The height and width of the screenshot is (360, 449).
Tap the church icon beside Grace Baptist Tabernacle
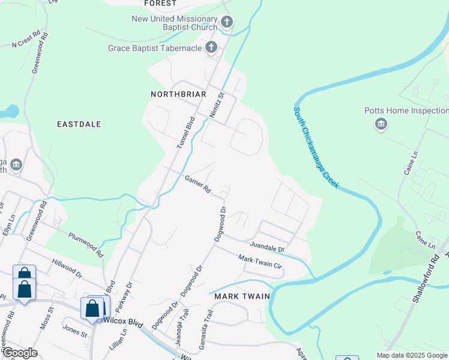point(211,47)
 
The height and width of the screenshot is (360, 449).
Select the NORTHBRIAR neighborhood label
point(178,94)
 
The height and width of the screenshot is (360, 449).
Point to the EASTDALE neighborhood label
point(79,124)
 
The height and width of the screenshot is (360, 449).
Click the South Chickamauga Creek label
point(316,148)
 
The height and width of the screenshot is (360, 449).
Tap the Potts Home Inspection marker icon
point(381,124)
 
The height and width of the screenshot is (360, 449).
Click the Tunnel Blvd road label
point(187,132)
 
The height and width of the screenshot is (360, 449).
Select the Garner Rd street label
point(197,185)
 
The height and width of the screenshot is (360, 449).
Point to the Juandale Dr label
point(267,246)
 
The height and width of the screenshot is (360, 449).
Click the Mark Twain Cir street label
point(260,261)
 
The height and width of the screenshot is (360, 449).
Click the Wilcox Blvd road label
point(123,322)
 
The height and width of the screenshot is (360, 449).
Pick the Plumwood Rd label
point(86,245)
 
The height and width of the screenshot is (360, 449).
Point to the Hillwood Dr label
point(66,267)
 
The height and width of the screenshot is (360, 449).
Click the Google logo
point(20,353)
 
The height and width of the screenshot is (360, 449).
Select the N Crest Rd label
point(26,40)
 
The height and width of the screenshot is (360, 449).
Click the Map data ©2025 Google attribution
point(412,355)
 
